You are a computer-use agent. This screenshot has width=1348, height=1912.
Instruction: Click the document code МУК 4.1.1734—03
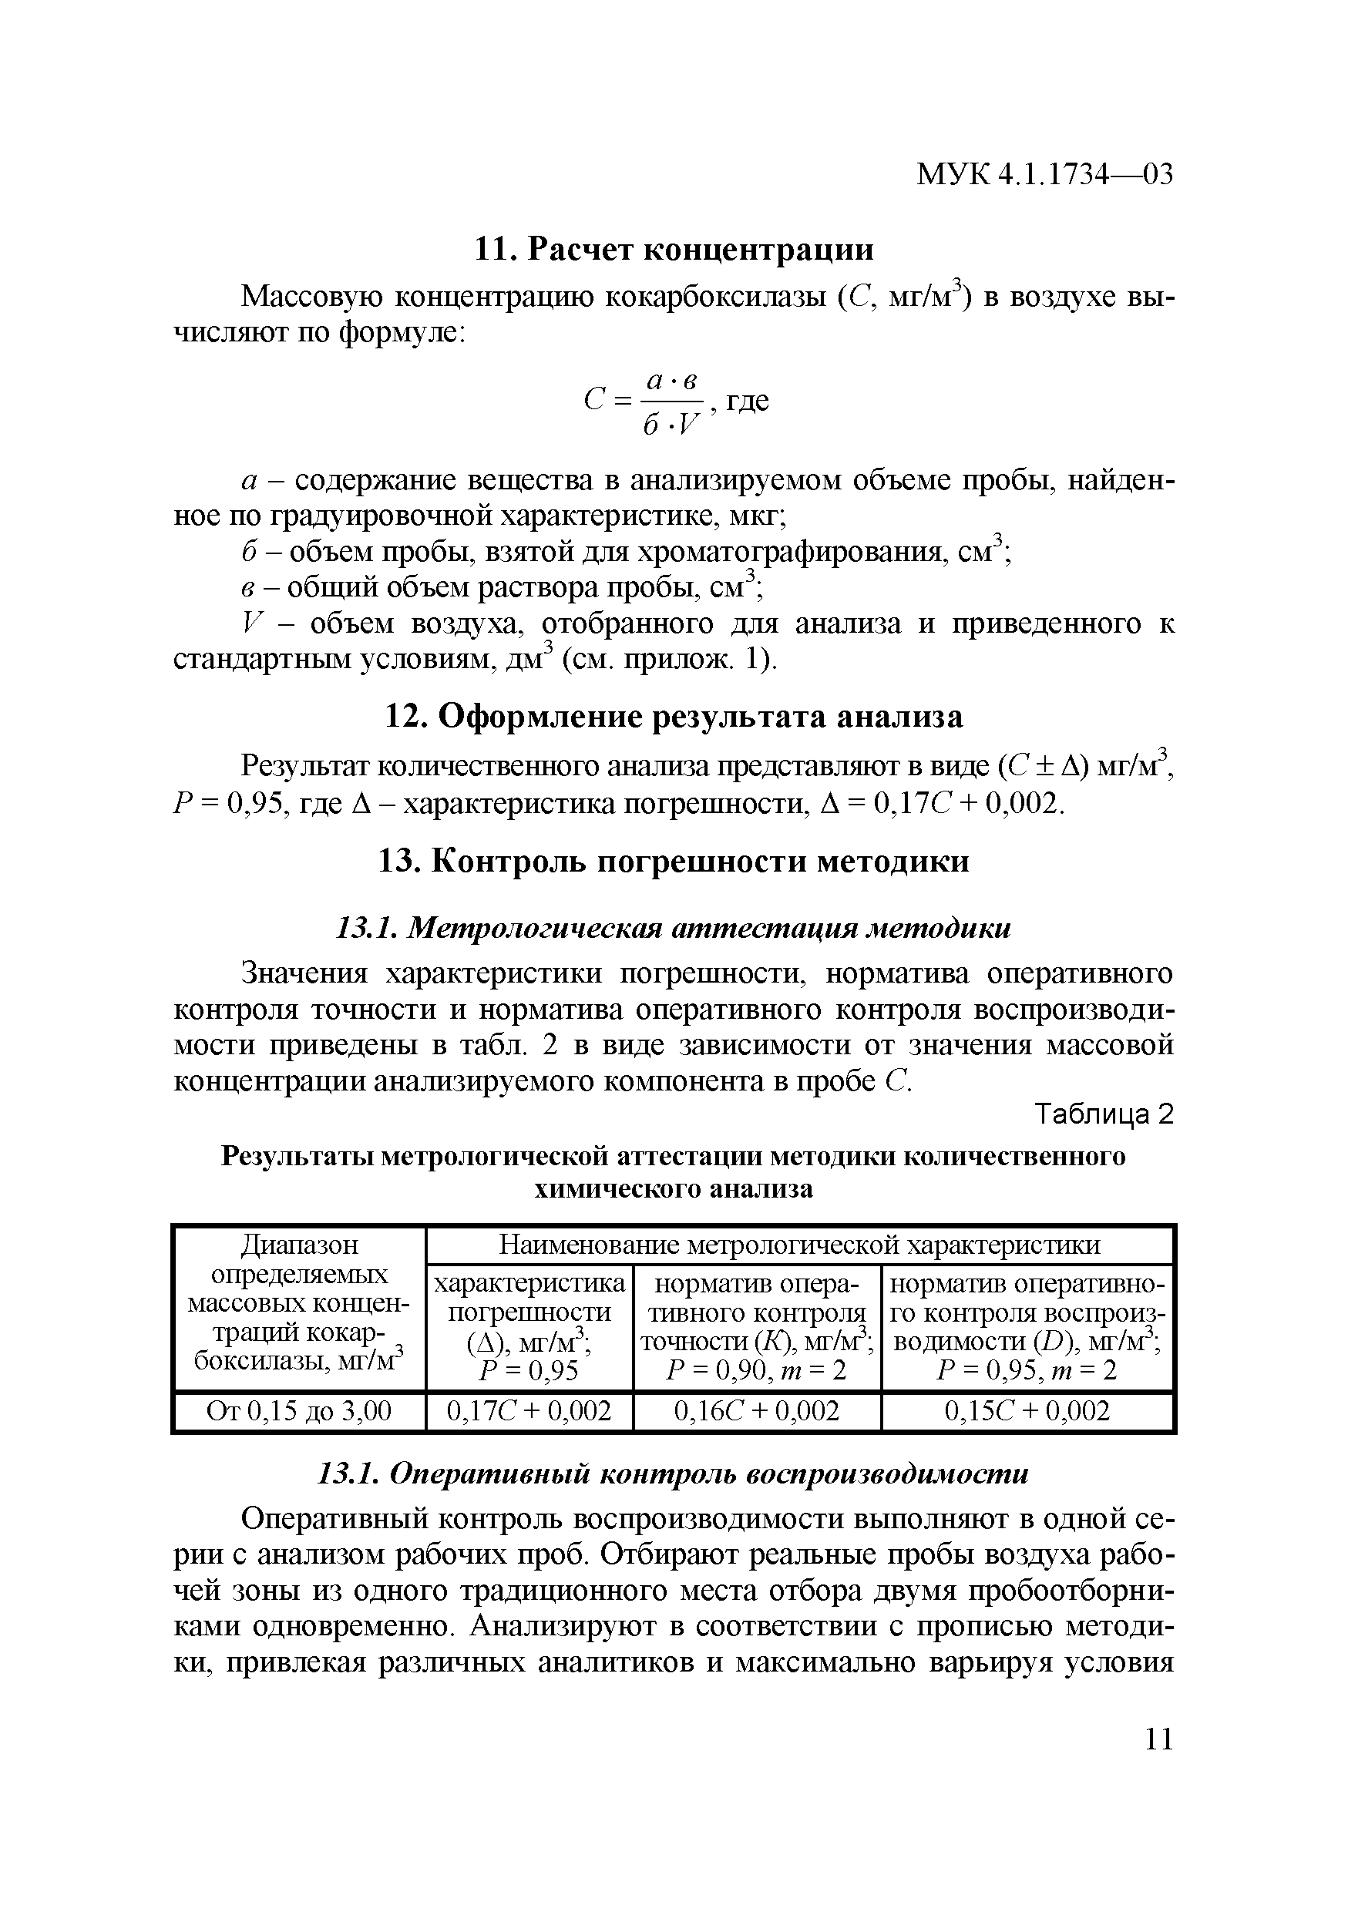tap(1044, 175)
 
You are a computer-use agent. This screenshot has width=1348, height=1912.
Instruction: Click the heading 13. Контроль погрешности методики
tap(674, 860)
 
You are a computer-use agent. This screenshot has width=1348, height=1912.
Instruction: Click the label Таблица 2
tap(1103, 1114)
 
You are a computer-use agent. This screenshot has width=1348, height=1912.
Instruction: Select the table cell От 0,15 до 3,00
tap(299, 1410)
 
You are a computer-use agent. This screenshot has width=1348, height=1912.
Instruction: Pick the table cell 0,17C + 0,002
tap(529, 1410)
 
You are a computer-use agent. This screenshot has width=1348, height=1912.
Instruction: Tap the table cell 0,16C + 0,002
tap(757, 1410)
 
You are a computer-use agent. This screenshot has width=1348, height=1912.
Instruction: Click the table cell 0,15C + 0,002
tap(1027, 1410)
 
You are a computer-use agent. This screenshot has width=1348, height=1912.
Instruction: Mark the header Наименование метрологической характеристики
tap(799, 1245)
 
